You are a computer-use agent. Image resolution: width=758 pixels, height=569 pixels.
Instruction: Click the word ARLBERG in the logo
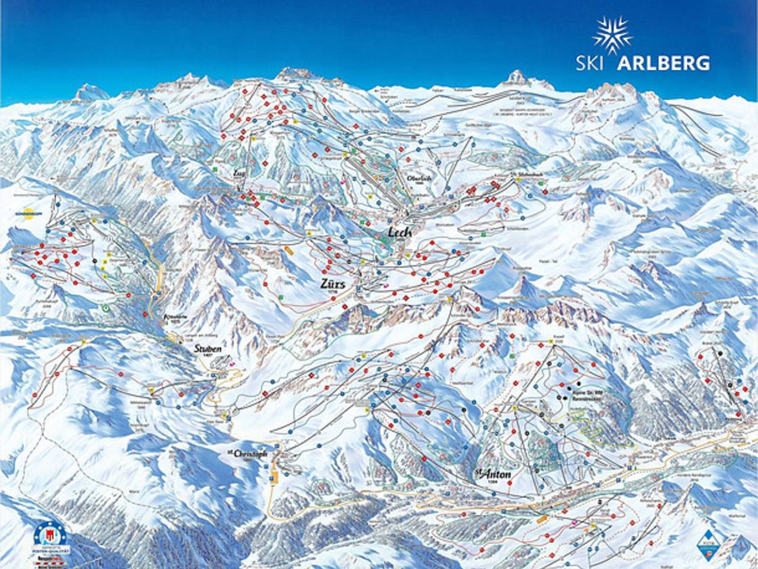663,63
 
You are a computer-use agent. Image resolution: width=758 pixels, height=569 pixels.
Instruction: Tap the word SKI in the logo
593,63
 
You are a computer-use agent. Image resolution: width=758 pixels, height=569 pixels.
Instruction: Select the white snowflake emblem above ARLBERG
612,34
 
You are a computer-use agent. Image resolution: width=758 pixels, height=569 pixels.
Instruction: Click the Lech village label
400,233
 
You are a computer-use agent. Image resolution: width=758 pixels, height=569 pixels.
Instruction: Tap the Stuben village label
207,349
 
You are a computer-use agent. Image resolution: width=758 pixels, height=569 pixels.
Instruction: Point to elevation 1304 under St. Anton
492,483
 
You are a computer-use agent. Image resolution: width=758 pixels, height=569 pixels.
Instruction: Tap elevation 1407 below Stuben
208,357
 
